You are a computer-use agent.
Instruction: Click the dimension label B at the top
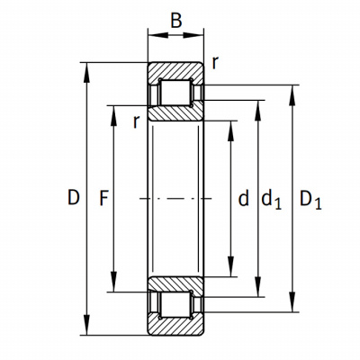coord(176,21)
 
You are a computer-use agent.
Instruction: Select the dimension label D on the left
coord(74,197)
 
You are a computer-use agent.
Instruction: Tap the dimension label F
coord(103,198)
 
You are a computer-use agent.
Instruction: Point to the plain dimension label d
coord(243,198)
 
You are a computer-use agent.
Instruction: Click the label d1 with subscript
coord(271,200)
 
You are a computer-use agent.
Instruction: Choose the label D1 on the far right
coord(310,200)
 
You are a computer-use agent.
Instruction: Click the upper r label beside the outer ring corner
coord(214,63)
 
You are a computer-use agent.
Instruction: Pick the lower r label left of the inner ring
coord(137,121)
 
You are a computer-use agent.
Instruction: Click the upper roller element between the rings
coord(175,92)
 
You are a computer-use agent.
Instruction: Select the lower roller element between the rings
coord(175,304)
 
